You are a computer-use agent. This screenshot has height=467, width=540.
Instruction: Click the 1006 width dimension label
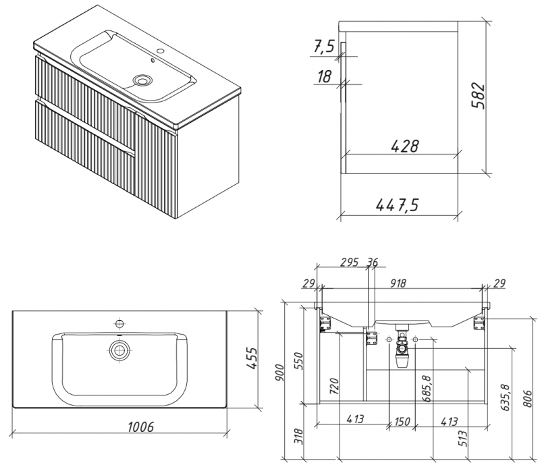139,426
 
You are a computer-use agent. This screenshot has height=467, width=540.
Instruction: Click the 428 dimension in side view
405,146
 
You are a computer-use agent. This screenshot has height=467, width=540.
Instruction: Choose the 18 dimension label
324,76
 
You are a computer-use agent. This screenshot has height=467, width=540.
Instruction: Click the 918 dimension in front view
399,283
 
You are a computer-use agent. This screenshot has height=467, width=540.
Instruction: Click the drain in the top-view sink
119,350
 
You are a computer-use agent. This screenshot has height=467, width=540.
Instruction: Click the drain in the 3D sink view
142,80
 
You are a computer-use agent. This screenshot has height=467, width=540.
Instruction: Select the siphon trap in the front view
402,351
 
